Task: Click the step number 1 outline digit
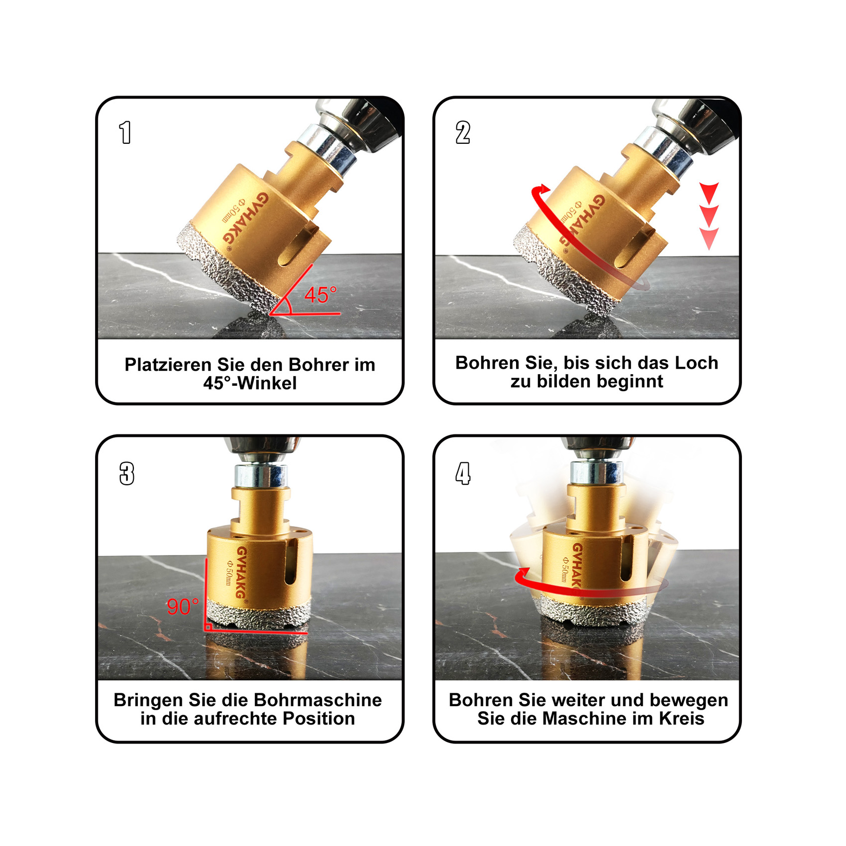[125, 132]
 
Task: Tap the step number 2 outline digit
[463, 132]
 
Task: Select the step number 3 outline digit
[127, 473]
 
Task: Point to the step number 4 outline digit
[463, 473]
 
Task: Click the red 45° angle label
[320, 295]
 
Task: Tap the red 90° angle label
[183, 607]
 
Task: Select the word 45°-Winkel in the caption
[250, 383]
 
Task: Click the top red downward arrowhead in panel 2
[709, 192]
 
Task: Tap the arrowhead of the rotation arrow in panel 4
[523, 576]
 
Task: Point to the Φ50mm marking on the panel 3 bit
[229, 572]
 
